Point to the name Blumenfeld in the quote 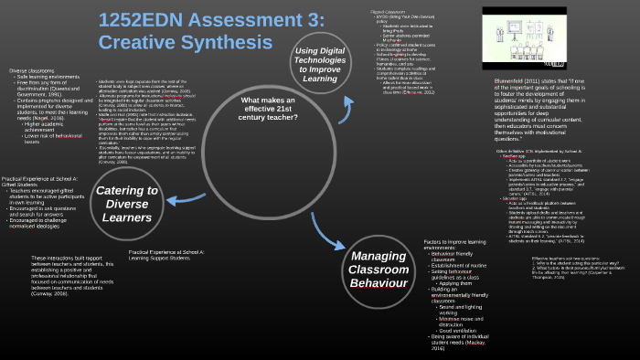click(508, 81)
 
